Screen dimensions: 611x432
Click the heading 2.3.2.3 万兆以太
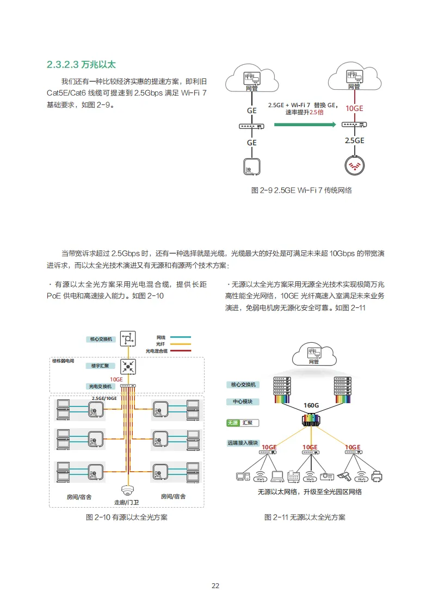point(81,65)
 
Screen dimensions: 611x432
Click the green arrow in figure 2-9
point(305,125)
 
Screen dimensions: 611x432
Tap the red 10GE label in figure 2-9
point(354,108)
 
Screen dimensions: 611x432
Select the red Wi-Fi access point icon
point(355,165)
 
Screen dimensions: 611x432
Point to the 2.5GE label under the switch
point(354,140)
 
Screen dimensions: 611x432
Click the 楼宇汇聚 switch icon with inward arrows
point(128,366)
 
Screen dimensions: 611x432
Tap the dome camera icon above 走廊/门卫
point(128,490)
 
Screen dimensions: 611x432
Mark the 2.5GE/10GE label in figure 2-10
point(104,398)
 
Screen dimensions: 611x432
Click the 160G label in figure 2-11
point(311,405)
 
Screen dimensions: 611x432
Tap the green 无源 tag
point(233,423)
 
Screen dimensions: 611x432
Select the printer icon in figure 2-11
point(377,477)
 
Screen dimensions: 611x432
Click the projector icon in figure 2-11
point(327,477)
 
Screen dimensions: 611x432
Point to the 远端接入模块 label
point(243,443)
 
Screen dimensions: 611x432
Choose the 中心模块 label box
point(243,402)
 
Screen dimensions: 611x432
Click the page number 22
point(215,585)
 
